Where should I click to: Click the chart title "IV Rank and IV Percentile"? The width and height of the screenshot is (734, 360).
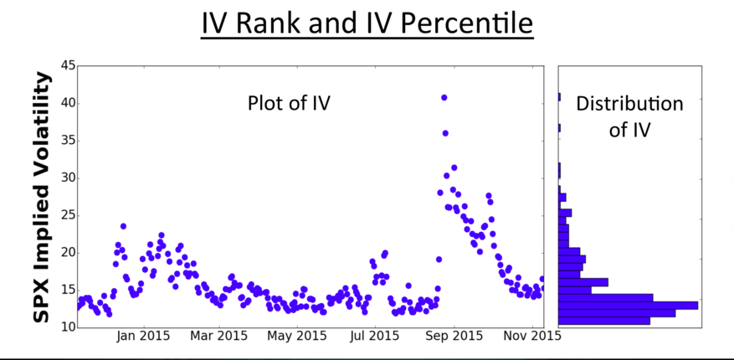[367, 23]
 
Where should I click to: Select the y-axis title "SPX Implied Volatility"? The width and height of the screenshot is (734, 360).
[43, 197]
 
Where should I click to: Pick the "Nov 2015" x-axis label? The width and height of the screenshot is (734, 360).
[531, 337]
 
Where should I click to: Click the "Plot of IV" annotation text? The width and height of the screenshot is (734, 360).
[289, 104]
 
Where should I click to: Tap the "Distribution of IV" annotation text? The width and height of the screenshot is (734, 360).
[629, 116]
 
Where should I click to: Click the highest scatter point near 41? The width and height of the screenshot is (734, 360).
[444, 98]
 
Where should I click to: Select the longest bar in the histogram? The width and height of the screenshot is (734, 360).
[628, 305]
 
